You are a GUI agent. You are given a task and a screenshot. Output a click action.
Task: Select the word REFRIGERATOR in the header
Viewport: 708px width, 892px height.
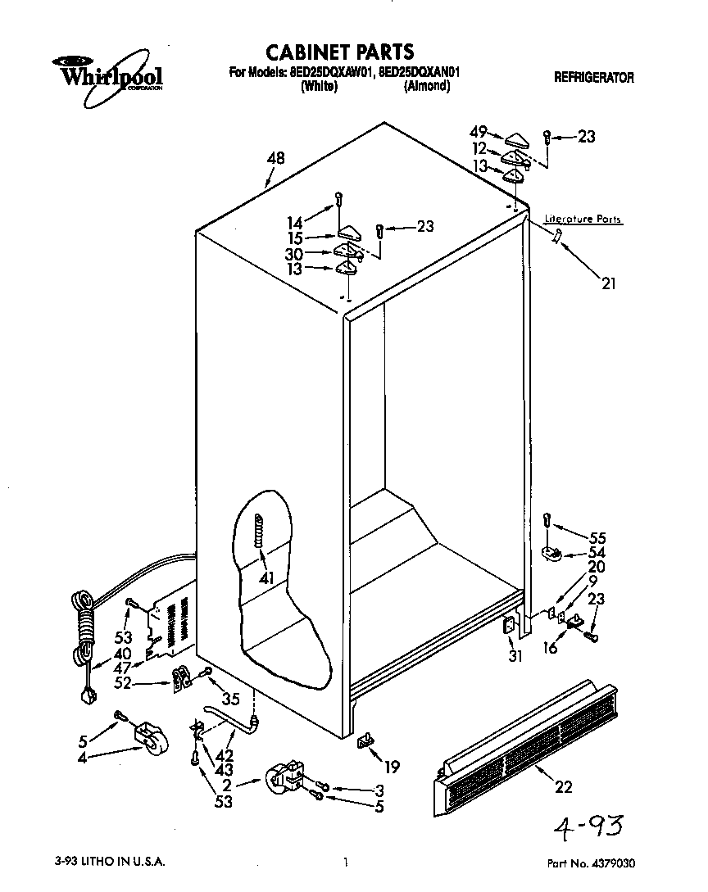[594, 78]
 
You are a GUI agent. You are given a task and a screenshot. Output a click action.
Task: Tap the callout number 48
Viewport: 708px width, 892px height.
[275, 159]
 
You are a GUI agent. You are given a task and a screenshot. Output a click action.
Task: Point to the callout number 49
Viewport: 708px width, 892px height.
[479, 132]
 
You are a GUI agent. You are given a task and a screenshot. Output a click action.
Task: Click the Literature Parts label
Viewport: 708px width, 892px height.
[583, 220]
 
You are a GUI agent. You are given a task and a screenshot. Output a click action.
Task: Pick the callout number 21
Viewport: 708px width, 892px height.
[607, 284]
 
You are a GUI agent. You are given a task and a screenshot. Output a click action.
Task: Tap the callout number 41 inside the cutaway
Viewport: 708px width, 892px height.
[264, 578]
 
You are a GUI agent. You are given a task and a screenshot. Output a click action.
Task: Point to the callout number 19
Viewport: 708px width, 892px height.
[392, 767]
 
